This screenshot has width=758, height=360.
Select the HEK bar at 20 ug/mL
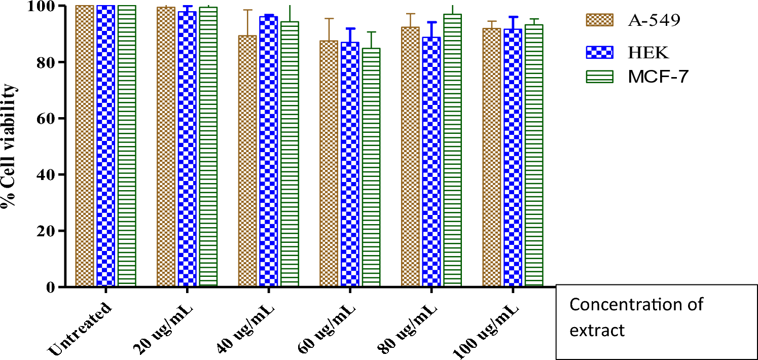tap(187, 149)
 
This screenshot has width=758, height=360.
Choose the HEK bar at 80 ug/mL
tap(430, 162)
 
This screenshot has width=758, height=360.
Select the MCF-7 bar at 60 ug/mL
tap(371, 167)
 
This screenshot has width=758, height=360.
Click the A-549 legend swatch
tap(599, 21)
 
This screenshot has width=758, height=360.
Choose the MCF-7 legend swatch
tap(599, 77)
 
